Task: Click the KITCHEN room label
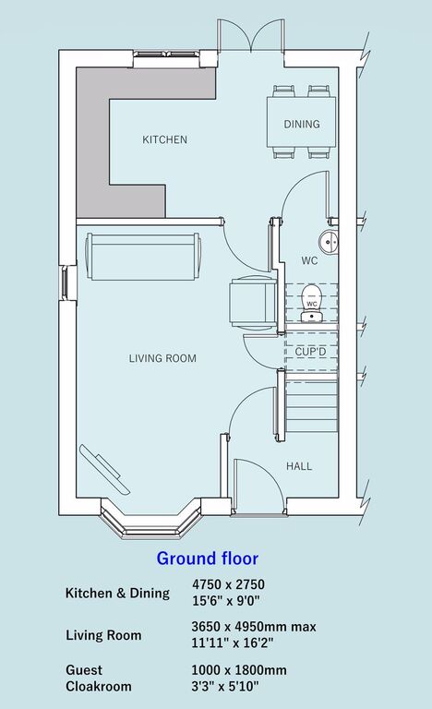click(x=164, y=139)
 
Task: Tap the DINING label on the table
click(x=302, y=124)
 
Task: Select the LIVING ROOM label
click(x=162, y=358)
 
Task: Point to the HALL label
click(x=299, y=466)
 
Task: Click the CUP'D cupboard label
click(x=310, y=352)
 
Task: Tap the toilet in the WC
click(x=312, y=303)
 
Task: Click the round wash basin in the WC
click(x=329, y=242)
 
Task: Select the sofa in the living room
click(x=143, y=257)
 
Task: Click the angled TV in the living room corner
click(x=104, y=469)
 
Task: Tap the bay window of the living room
click(x=150, y=520)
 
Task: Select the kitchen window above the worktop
click(x=166, y=55)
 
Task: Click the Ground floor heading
click(x=207, y=559)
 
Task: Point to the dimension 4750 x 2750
click(x=228, y=584)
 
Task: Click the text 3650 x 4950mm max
click(x=254, y=627)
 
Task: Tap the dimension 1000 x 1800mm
click(x=239, y=669)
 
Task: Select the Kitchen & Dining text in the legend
click(x=117, y=593)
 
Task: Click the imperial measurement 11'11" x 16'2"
click(x=233, y=643)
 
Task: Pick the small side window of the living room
click(x=65, y=282)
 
